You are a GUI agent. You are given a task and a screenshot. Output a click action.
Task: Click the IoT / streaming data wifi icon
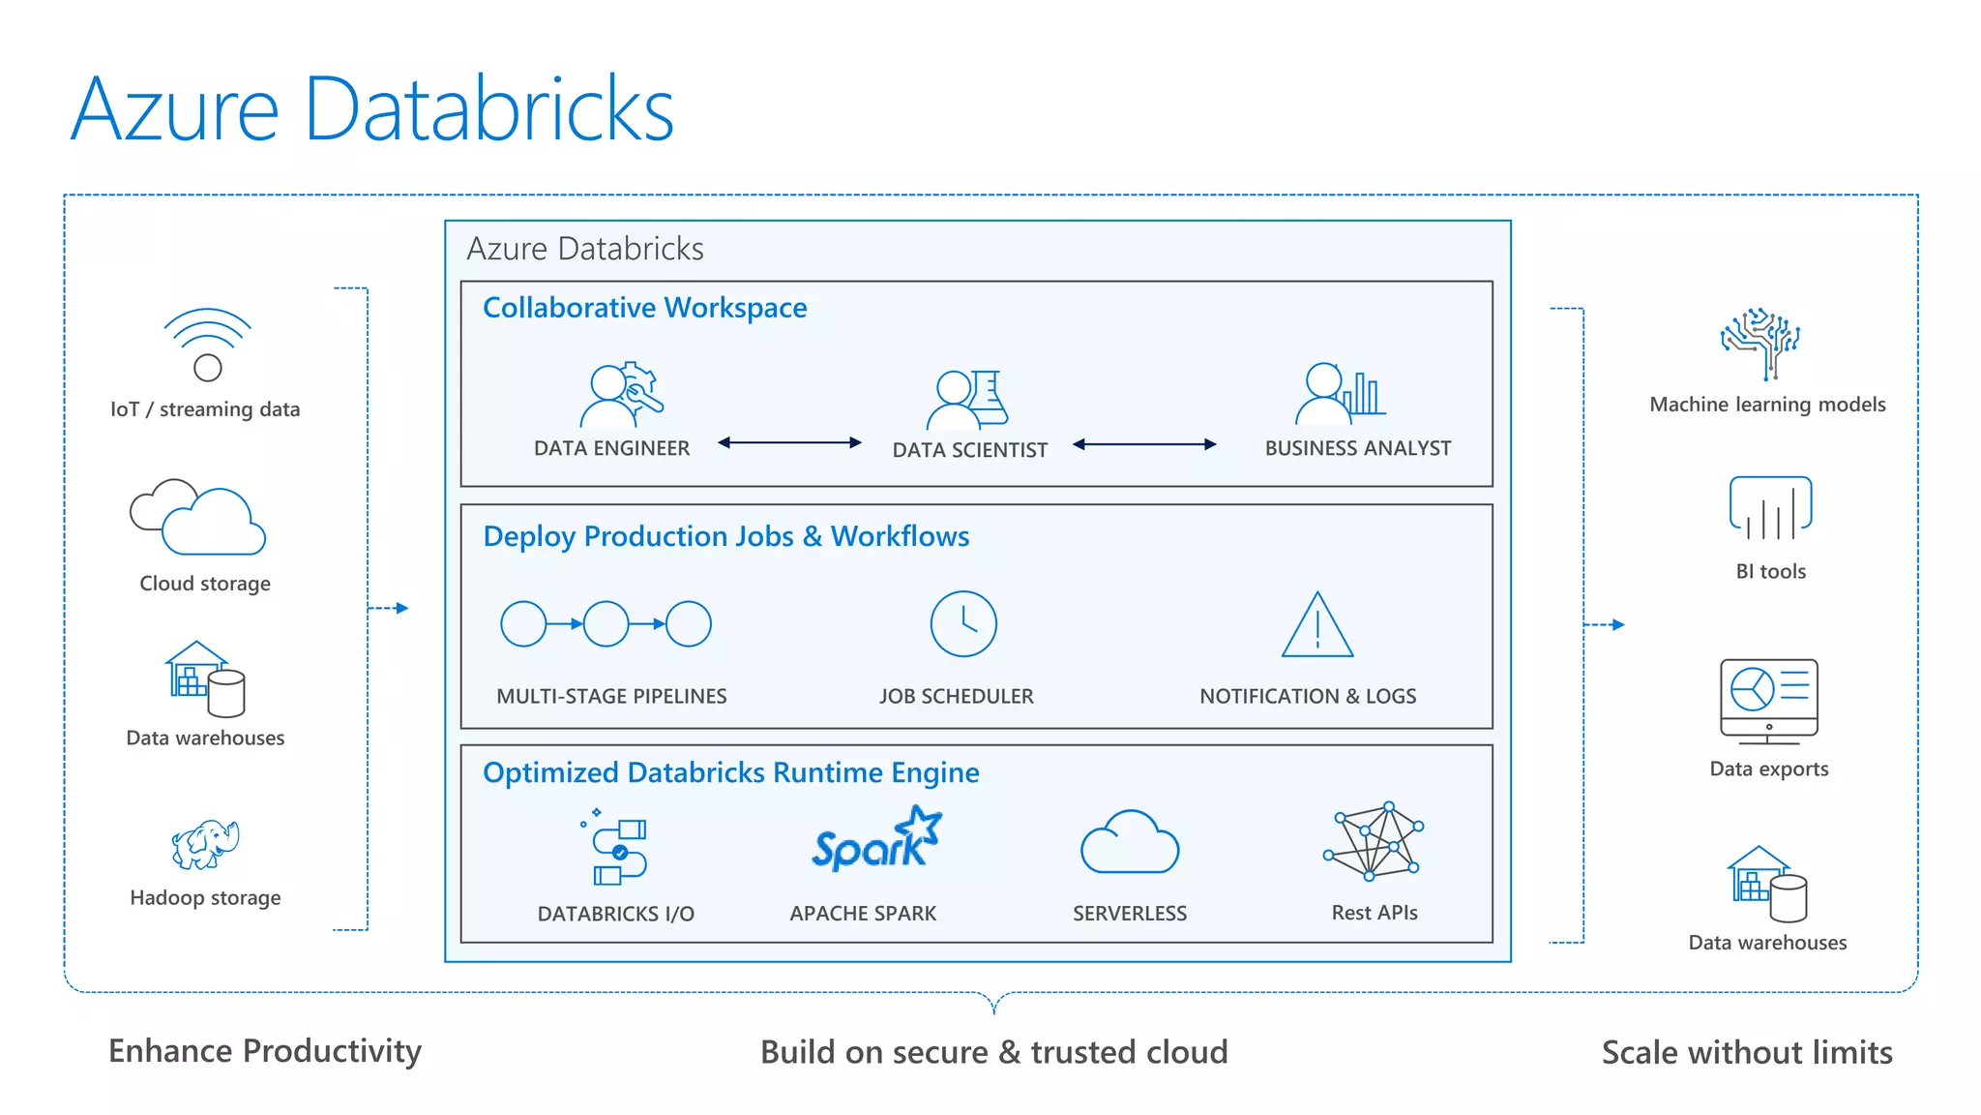(207, 344)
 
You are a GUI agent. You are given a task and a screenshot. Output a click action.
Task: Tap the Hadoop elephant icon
(205, 844)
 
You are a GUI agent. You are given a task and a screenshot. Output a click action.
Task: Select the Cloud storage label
(205, 584)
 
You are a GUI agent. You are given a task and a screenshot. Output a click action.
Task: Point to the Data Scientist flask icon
(989, 398)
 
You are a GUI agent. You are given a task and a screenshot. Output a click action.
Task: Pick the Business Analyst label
(1357, 448)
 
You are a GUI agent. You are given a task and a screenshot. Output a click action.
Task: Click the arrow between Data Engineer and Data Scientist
(789, 442)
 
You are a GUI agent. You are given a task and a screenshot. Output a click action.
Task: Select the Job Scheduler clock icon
(962, 624)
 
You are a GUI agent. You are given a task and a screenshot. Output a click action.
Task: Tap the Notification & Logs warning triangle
(1316, 626)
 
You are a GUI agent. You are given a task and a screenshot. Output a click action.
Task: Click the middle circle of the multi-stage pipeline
(606, 624)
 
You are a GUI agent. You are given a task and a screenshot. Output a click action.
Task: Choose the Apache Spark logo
(875, 840)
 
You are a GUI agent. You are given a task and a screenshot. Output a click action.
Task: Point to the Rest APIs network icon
(1374, 841)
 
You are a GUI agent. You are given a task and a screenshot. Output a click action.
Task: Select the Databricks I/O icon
(617, 849)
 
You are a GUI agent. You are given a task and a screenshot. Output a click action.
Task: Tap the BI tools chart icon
(1770, 508)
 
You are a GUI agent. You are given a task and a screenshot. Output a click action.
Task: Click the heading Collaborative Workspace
(644, 308)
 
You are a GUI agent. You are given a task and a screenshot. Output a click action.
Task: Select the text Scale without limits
(1746, 1052)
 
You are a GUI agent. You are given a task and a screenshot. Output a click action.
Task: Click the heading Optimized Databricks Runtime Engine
(730, 772)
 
